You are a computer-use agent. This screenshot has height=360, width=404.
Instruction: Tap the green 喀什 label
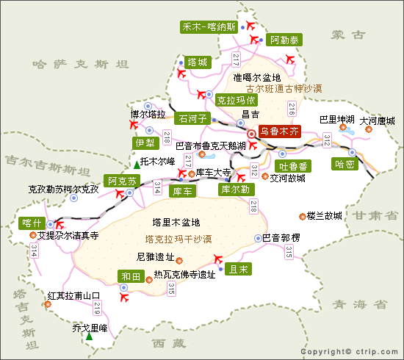point(31,223)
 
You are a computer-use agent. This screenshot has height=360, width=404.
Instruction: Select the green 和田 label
point(130,276)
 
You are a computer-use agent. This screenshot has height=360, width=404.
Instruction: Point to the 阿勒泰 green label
point(284,41)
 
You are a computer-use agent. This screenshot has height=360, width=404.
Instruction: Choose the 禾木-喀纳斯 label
point(209,27)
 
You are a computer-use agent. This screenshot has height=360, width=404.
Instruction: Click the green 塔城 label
point(197,62)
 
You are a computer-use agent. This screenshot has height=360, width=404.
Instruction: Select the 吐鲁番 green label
point(293,165)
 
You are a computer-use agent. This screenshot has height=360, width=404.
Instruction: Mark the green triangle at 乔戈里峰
point(89,336)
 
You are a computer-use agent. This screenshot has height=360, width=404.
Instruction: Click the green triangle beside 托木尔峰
point(136,163)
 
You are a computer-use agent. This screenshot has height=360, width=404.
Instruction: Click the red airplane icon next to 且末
point(217,258)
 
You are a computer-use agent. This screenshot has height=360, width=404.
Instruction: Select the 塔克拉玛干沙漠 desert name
point(178,239)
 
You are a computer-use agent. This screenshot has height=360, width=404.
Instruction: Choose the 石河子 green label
point(192,116)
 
